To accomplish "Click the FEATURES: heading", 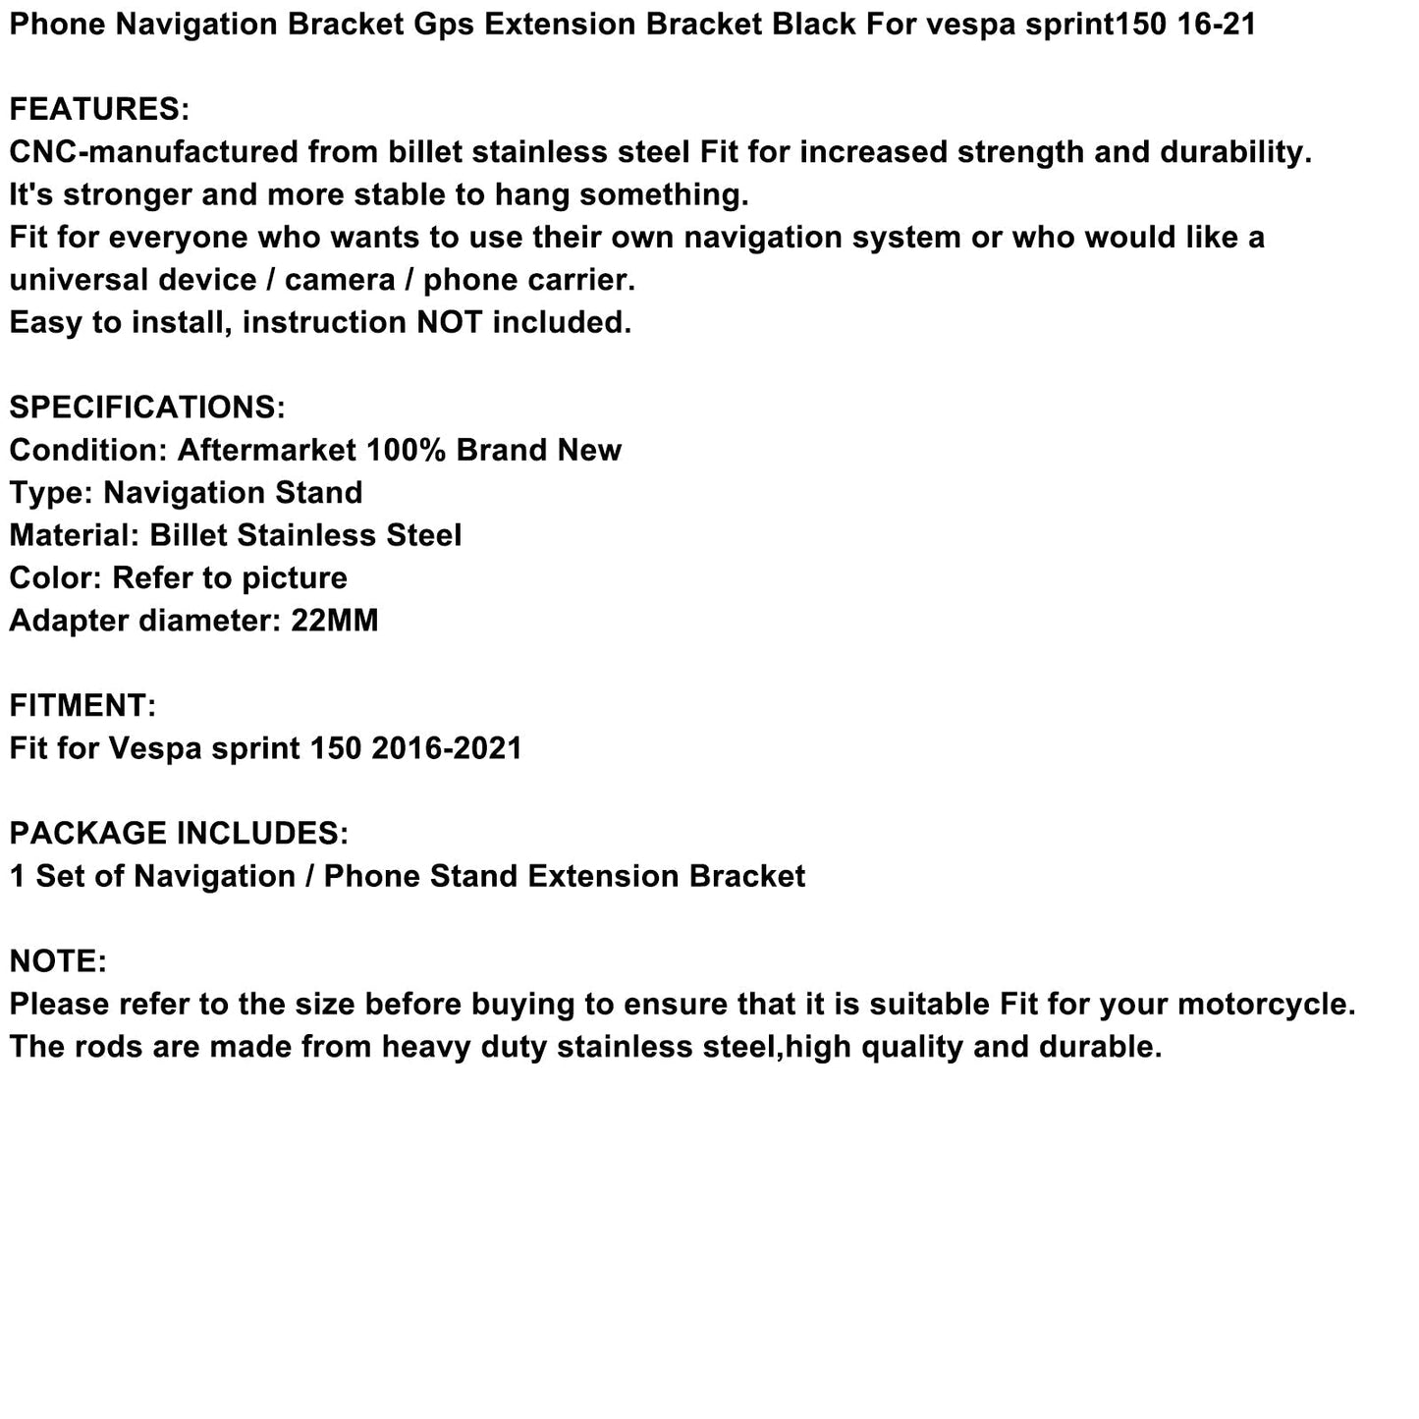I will (98, 109).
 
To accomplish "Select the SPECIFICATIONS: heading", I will (147, 408).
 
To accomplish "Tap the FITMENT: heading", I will (82, 705).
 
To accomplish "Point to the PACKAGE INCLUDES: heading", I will (179, 834).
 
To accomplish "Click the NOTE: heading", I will (58, 961).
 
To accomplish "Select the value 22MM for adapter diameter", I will (334, 621).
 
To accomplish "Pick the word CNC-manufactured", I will (152, 152).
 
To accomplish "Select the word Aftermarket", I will (266, 450).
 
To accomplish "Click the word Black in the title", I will (814, 24).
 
